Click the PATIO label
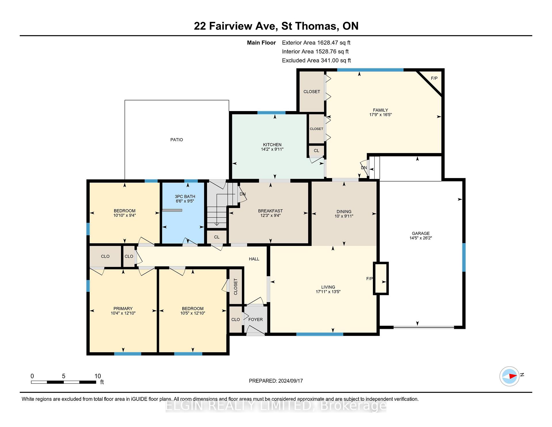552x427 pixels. click(x=177, y=140)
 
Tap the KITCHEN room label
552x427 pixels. click(x=272, y=144)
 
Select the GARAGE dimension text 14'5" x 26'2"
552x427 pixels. click(x=421, y=238)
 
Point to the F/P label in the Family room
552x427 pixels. click(x=434, y=78)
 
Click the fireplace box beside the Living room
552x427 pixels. click(x=381, y=278)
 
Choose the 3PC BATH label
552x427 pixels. click(x=185, y=197)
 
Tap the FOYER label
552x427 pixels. click(x=256, y=319)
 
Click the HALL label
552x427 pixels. click(x=254, y=259)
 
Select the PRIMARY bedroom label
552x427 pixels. click(x=123, y=308)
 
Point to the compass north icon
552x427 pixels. click(x=509, y=376)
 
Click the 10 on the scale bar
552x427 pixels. click(x=98, y=376)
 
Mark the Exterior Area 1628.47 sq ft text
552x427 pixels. click(x=316, y=43)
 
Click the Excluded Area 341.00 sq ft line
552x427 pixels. click(x=317, y=60)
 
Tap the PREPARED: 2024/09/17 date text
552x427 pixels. click(x=276, y=381)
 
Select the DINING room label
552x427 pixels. click(x=344, y=211)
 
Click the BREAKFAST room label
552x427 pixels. click(x=270, y=211)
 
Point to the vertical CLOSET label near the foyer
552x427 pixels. click(x=236, y=287)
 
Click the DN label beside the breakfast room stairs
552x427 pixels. click(x=243, y=194)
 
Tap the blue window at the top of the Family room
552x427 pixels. click(x=370, y=70)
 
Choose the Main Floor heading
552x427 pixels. click(x=261, y=43)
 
